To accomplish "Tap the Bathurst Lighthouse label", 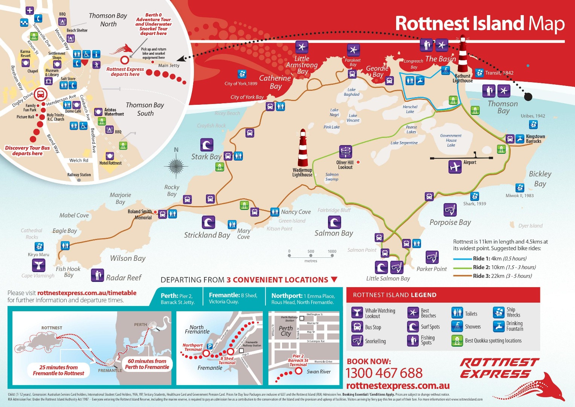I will point(462,78).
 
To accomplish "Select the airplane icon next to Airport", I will point(455,167).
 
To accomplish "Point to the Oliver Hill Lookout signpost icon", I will point(345,152).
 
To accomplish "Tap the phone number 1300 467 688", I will point(384,373).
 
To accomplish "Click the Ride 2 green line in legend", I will point(462,268).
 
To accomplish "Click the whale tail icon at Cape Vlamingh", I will point(38,266).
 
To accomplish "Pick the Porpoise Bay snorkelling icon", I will point(450,210).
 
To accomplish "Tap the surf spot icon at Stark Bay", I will point(207,145).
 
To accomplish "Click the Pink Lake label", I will point(331,127).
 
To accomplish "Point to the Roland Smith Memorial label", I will point(140,214).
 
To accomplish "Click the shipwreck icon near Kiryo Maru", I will point(39,246).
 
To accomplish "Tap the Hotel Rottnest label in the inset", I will point(110,163).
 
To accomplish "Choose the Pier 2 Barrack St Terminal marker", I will point(299,371).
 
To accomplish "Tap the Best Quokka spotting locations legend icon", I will point(457,341).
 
